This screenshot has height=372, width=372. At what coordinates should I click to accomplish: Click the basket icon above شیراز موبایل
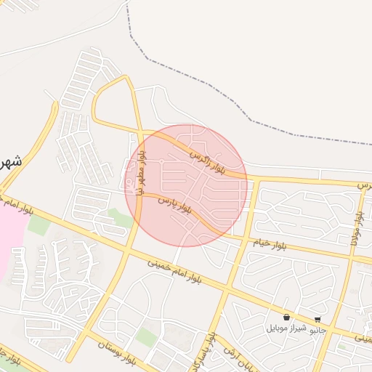[287, 318]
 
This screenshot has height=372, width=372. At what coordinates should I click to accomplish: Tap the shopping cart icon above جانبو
[318, 320]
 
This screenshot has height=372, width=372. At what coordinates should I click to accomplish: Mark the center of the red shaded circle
[186, 185]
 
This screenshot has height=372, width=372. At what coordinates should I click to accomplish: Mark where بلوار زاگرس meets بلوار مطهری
[140, 132]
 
